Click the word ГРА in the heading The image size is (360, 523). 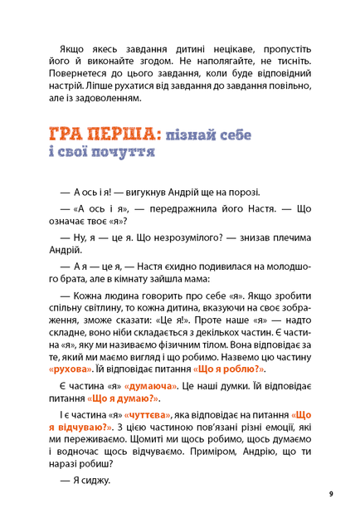67,134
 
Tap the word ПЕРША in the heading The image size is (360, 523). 124,134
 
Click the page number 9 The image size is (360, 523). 330,494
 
